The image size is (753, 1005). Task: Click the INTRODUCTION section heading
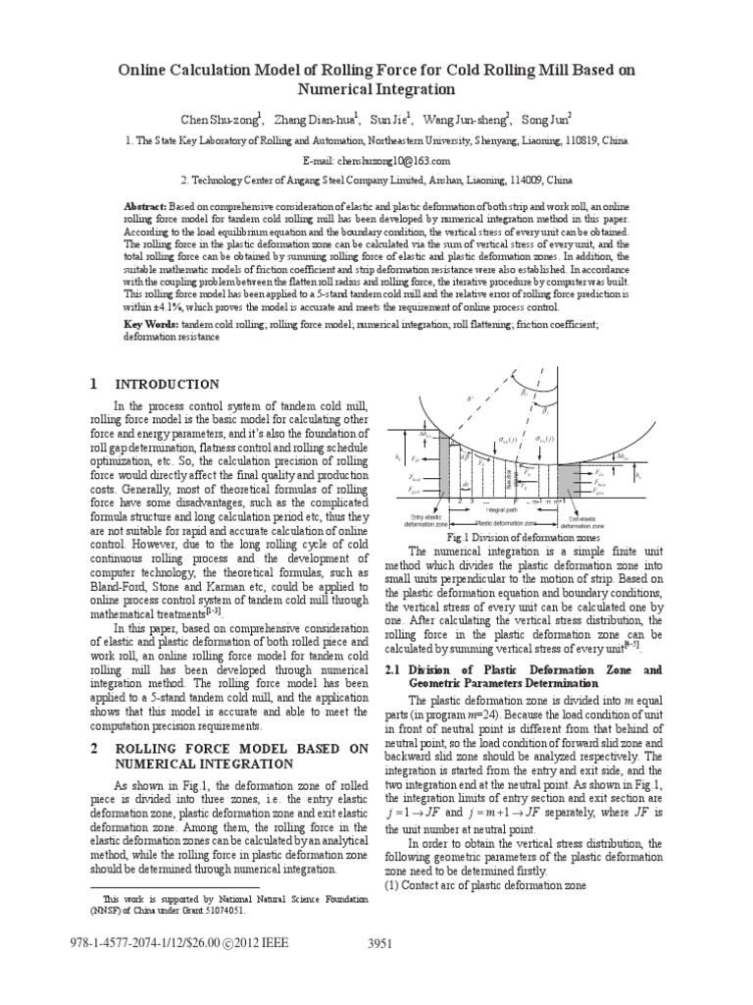pos(168,384)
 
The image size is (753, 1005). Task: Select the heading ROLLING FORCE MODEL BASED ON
pos(240,748)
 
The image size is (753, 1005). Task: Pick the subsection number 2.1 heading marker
pos(396,669)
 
